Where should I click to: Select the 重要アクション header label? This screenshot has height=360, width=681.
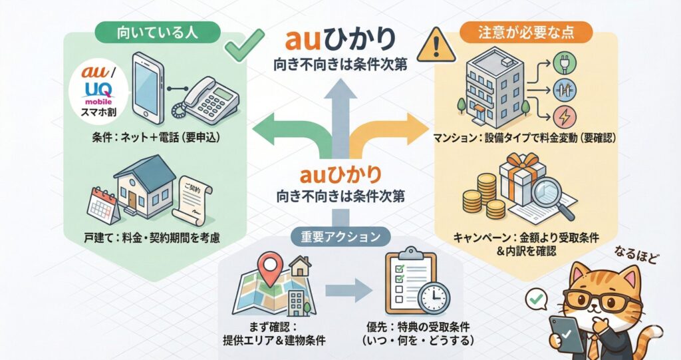(340, 236)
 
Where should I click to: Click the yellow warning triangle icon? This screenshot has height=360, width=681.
(434, 45)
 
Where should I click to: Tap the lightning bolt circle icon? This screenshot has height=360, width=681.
(562, 117)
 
